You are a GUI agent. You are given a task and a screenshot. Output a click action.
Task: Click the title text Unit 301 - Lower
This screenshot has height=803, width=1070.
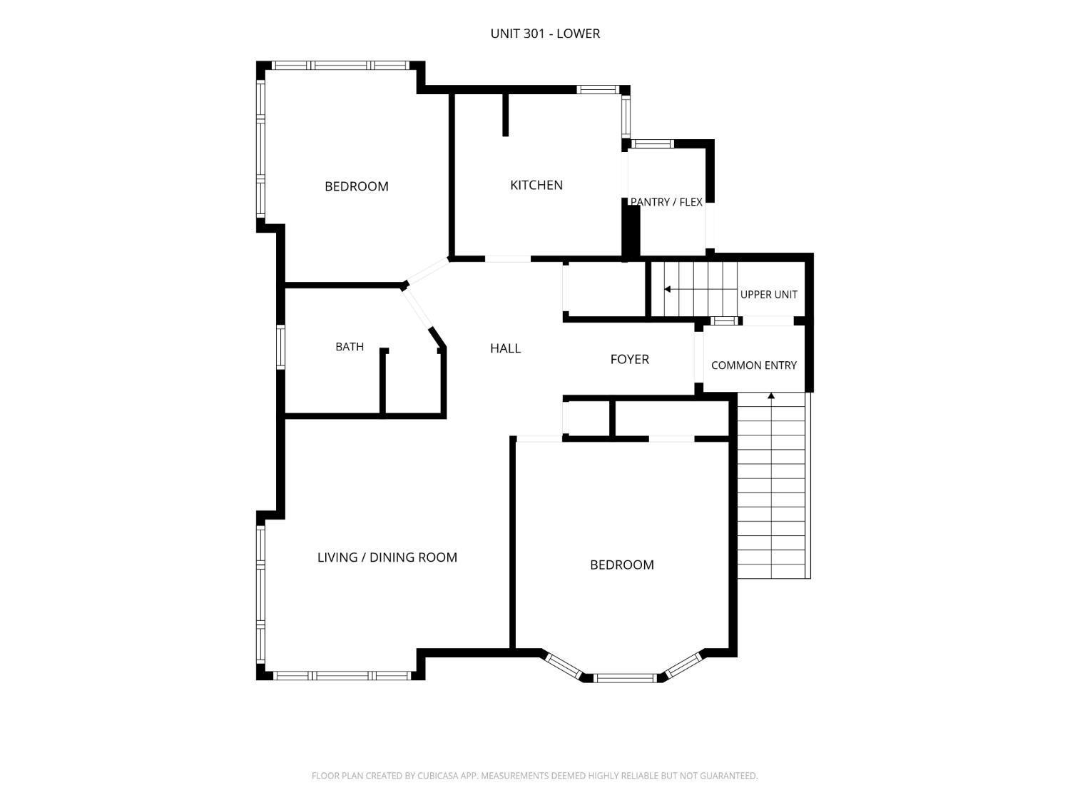click(x=544, y=34)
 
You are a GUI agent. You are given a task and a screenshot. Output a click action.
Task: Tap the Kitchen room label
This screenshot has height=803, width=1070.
click(x=536, y=186)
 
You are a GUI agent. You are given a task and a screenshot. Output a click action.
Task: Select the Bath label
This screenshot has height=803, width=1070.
click(x=350, y=347)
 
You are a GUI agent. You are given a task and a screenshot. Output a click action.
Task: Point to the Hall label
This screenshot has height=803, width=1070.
click(x=506, y=348)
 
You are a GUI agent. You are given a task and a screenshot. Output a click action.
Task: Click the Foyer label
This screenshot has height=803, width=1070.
click(x=629, y=359)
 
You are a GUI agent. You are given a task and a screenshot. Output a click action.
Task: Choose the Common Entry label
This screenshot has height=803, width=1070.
click(x=753, y=365)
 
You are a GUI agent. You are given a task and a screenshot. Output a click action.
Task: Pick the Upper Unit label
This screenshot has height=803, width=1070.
click(x=769, y=295)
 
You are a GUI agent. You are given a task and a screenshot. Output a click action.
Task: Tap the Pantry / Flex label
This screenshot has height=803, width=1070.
click(x=666, y=202)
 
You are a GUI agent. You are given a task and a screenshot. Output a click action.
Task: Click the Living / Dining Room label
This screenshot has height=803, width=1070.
click(x=387, y=557)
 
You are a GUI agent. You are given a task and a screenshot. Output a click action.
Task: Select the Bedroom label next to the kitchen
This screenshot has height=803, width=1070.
click(x=357, y=186)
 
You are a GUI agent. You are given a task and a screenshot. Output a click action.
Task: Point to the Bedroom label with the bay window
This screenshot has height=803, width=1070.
click(x=621, y=565)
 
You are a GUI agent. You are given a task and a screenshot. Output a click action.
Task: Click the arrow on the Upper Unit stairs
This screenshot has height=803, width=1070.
click(x=700, y=290)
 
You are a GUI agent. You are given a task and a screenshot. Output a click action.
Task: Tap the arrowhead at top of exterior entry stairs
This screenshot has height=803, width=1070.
click(x=771, y=396)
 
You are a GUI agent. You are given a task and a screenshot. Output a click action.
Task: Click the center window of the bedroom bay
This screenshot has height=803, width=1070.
click(x=625, y=677)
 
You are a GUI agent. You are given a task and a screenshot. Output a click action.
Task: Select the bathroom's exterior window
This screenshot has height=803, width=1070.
click(x=280, y=347)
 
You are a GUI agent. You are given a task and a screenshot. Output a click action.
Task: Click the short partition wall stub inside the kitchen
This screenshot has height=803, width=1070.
click(x=506, y=115)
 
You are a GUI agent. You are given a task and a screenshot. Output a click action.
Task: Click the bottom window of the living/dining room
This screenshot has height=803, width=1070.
click(x=342, y=675)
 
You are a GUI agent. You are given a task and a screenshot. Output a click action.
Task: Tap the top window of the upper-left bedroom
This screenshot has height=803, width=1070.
click(x=340, y=66)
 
